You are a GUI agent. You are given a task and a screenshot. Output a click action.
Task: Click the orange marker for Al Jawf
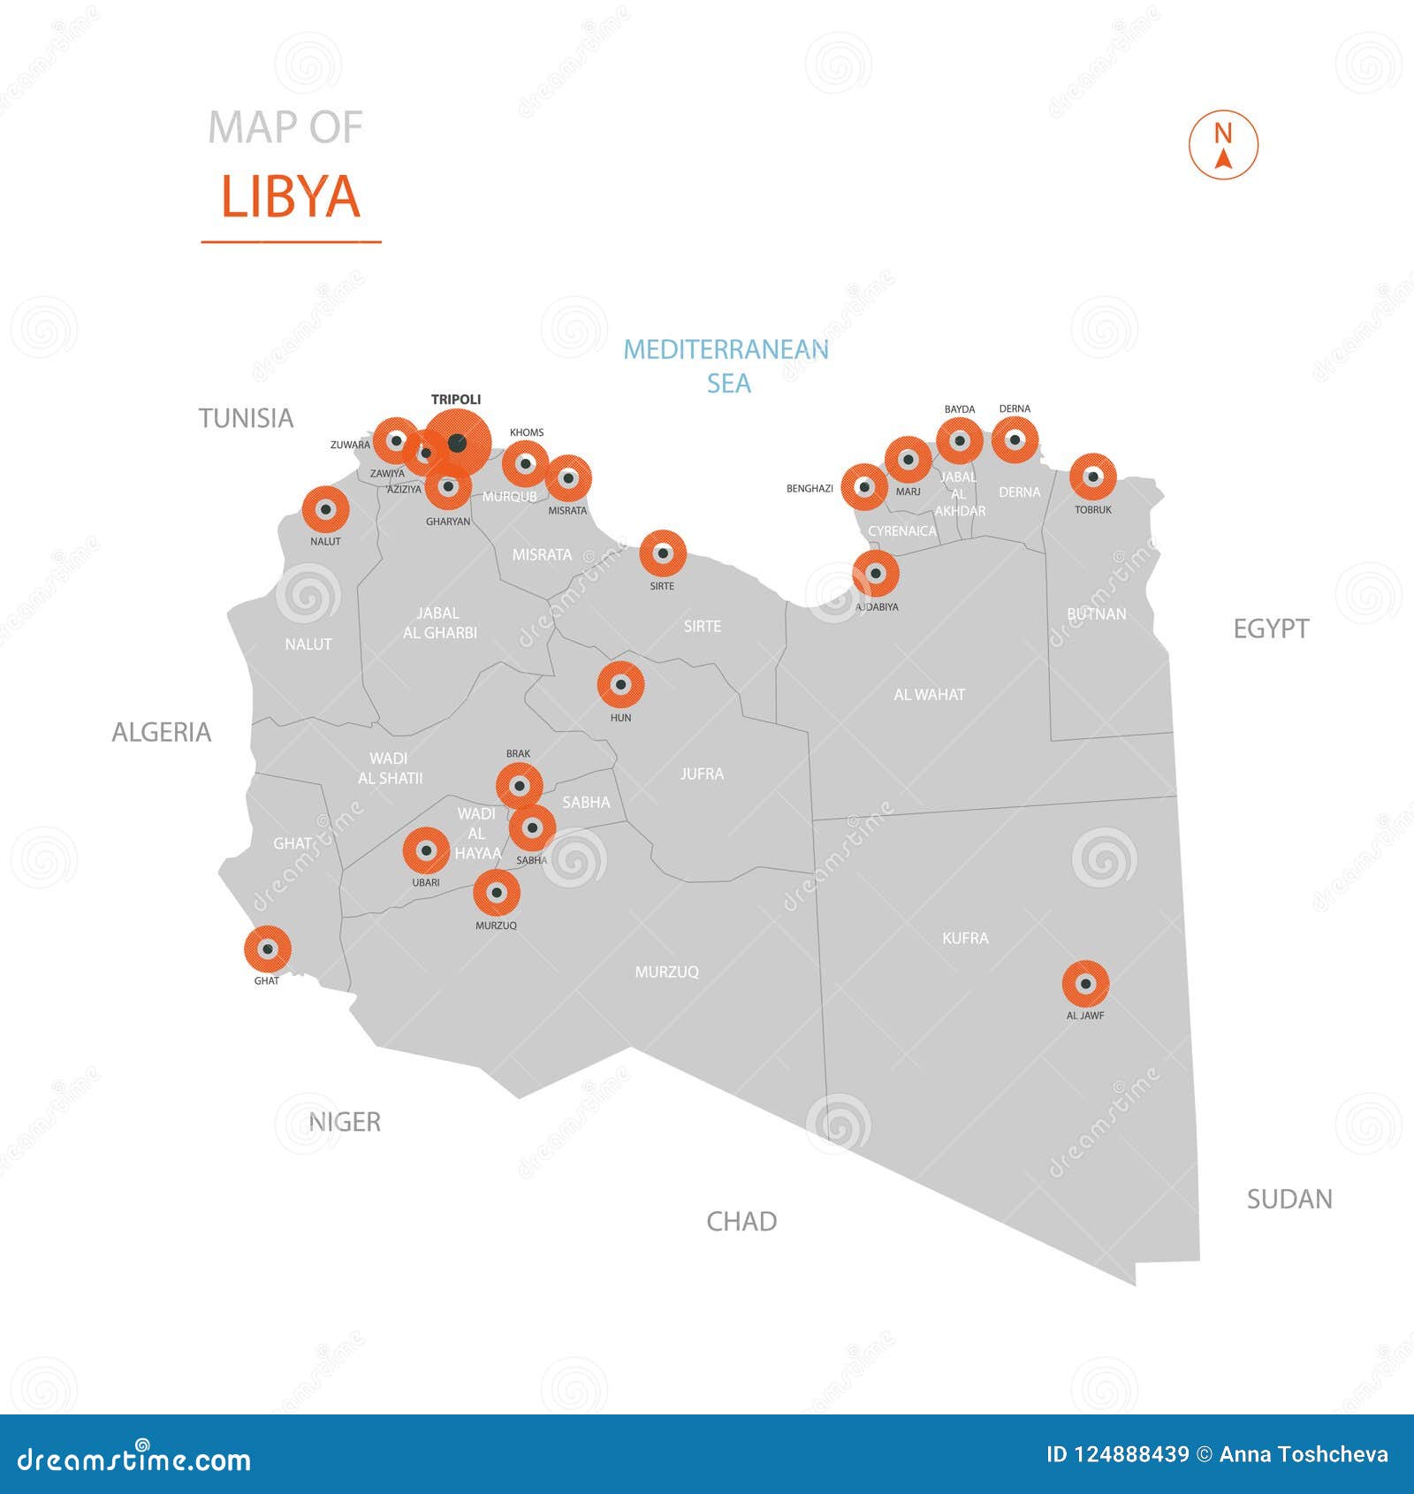[x=1085, y=983]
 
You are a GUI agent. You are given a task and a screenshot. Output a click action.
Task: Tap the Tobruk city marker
[x=1093, y=476]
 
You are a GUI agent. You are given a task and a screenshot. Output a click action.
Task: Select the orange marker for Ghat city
[x=268, y=949]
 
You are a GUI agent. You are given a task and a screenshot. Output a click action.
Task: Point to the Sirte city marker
[x=663, y=553]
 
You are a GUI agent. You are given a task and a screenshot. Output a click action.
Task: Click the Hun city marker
[x=620, y=684]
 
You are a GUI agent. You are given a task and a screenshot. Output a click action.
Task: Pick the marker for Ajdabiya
[x=876, y=574]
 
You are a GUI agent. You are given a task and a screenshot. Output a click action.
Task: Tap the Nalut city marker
[x=325, y=509]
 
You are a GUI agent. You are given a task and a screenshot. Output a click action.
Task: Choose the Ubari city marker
[x=426, y=850]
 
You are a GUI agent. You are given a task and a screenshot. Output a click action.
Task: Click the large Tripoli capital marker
[x=456, y=443]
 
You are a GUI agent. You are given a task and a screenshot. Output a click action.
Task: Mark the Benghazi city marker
[x=864, y=487]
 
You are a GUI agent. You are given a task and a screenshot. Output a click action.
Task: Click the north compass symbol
[x=1223, y=145]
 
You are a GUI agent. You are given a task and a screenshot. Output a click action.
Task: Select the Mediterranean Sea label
[x=726, y=366]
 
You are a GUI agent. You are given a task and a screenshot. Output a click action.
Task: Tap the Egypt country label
[x=1271, y=629]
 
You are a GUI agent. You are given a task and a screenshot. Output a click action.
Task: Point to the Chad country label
[x=741, y=1221]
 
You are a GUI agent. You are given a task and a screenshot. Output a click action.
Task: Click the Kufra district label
[x=965, y=938]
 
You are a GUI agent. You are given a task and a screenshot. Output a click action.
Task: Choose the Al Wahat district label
[x=929, y=695]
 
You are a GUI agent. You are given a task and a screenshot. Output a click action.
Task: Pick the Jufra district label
[x=702, y=774]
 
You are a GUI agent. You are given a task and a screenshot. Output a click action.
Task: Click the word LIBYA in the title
[x=291, y=196]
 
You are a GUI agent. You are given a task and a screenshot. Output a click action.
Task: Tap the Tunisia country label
[x=246, y=418]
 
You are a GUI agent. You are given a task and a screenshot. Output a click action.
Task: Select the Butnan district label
[x=1097, y=614]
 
